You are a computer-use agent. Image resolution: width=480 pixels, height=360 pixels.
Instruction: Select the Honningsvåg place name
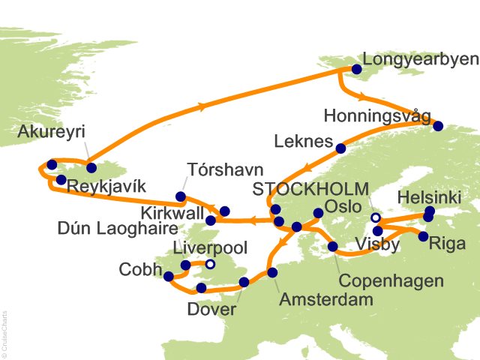click(x=377, y=116)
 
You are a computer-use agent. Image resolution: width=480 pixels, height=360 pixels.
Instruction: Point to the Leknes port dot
click(x=340, y=148)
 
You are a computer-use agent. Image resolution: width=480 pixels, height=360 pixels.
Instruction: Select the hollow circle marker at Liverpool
click(x=211, y=264)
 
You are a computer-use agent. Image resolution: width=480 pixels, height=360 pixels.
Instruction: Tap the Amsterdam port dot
click(x=272, y=273)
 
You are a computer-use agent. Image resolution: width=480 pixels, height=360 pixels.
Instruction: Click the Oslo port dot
click(x=318, y=213)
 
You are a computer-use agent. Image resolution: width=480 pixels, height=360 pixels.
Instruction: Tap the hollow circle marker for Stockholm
click(x=375, y=217)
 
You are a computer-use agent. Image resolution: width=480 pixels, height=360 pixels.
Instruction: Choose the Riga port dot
click(x=423, y=236)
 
